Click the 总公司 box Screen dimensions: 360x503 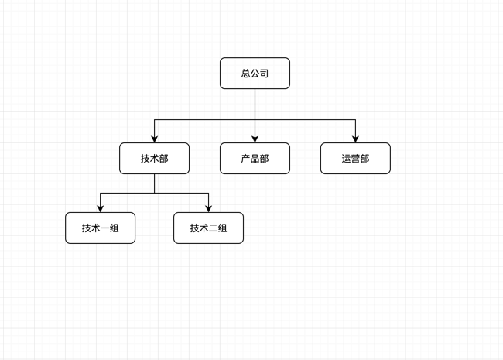tap(255, 73)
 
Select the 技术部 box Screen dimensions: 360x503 tap(154, 158)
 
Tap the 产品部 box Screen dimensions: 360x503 tap(255, 158)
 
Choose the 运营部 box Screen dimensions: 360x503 tap(355, 158)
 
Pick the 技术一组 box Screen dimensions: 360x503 tap(100, 228)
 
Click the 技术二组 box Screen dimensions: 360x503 tap(208, 228)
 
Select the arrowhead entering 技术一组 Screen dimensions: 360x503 tap(100, 208)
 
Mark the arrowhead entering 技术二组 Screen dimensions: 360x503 tap(208, 208)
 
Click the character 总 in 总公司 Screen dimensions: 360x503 tap(245, 74)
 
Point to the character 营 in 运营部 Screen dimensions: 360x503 tap(355, 159)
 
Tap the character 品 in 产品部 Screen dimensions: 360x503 tap(255, 159)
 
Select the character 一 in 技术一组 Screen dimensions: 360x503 tap(104, 228)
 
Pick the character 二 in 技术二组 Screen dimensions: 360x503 tap(213, 228)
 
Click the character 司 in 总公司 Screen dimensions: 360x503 tap(264, 74)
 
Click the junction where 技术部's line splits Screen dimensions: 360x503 tap(154, 193)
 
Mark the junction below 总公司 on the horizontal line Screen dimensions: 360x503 tap(255, 120)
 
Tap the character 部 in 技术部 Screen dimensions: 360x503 tap(163, 159)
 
